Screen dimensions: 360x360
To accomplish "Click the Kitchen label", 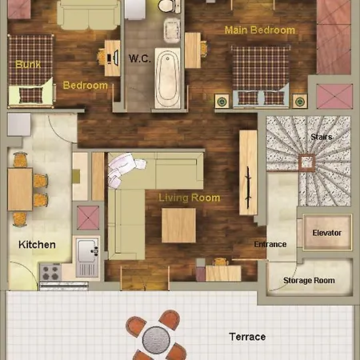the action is pyautogui.click(x=37, y=245).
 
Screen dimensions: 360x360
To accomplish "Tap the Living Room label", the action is pyautogui.click(x=190, y=198).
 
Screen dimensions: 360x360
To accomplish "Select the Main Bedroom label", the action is pyautogui.click(x=260, y=30).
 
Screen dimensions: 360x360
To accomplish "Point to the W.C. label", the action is pyautogui.click(x=140, y=58).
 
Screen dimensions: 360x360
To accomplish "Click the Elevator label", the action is pyautogui.click(x=327, y=233).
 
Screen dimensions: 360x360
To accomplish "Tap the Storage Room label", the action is pyautogui.click(x=309, y=281).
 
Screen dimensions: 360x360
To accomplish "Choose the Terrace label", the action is pyautogui.click(x=247, y=337).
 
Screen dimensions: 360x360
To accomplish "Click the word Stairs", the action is pyautogui.click(x=322, y=137).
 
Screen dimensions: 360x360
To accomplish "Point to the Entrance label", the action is pyautogui.click(x=270, y=244).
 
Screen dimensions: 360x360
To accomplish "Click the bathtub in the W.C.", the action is pyautogui.click(x=168, y=78).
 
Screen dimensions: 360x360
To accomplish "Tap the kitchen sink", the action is pyautogui.click(x=87, y=251).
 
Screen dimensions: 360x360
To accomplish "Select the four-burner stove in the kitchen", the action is pyautogui.click(x=50, y=272).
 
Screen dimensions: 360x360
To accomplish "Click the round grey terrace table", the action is pyautogui.click(x=156, y=339).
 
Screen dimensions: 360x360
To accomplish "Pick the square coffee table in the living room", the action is pyautogui.click(x=178, y=226).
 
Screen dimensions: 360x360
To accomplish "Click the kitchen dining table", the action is pyautogui.click(x=20, y=189).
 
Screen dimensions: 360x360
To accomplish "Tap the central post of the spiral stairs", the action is pyautogui.click(x=306, y=162).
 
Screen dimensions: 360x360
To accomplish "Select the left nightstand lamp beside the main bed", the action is pyautogui.click(x=222, y=102).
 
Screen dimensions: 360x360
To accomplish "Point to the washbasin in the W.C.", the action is pyautogui.click(x=171, y=30).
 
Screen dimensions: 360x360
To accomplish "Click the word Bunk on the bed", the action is pyautogui.click(x=28, y=64).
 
